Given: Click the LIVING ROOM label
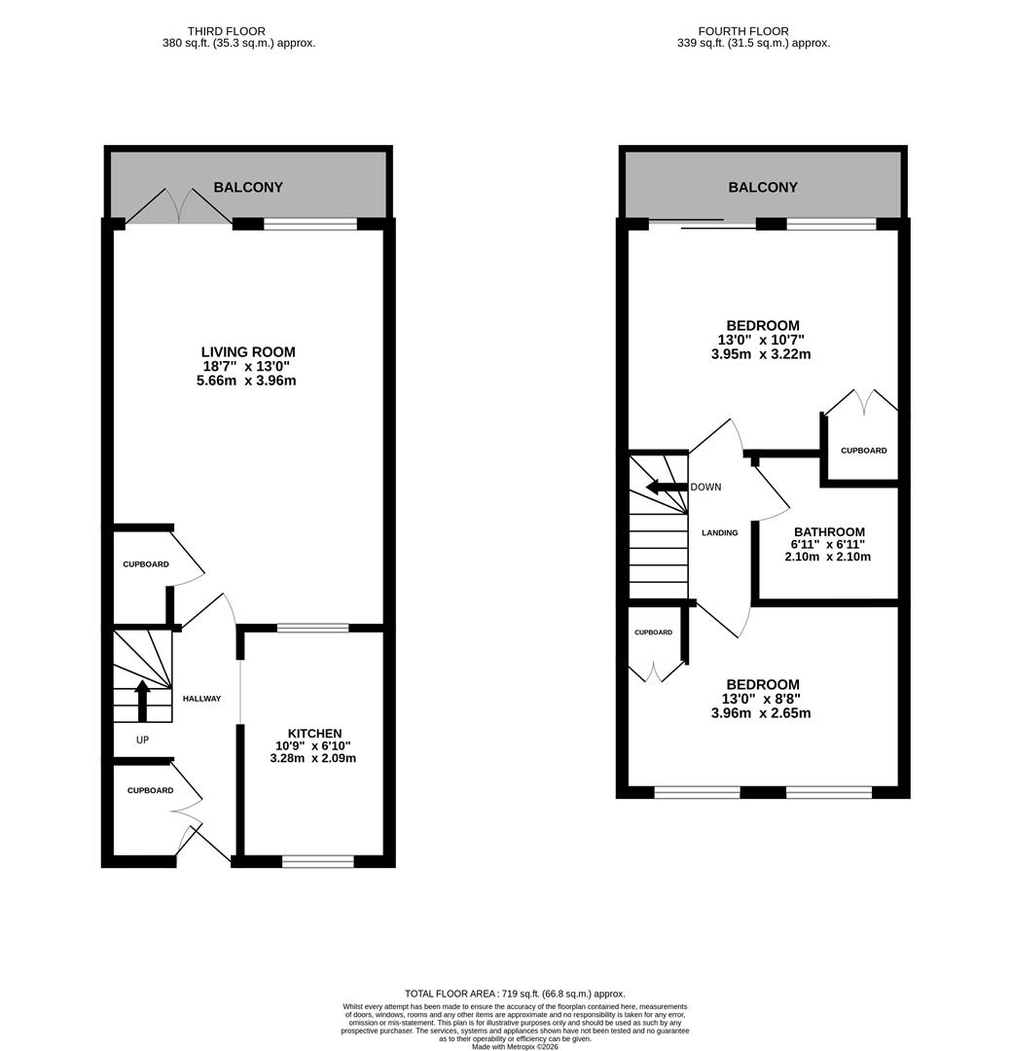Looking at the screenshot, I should click(x=247, y=352).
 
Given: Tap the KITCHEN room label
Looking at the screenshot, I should click(x=314, y=733).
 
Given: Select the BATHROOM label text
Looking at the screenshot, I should click(x=828, y=532).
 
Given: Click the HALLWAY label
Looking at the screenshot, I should click(x=201, y=699).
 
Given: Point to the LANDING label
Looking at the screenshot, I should click(x=720, y=532).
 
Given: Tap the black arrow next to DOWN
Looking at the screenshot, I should click(x=667, y=487).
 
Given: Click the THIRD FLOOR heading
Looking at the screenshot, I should click(x=226, y=31).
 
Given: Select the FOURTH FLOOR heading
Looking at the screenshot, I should click(x=743, y=31).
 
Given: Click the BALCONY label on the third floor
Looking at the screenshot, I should click(x=248, y=187).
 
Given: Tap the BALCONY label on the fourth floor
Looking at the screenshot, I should click(x=763, y=187).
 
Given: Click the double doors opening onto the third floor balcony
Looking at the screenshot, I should click(x=179, y=207).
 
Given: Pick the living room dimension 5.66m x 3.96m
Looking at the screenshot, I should click(x=246, y=381).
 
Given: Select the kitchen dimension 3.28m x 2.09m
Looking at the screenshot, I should click(x=314, y=758).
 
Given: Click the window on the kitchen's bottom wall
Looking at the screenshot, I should click(x=318, y=860).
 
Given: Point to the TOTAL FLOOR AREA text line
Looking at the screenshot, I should click(x=515, y=993).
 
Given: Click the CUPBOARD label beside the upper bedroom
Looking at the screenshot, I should click(x=863, y=451).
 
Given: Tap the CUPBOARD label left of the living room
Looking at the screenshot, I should click(x=145, y=564).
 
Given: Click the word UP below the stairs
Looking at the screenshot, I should click(x=142, y=740).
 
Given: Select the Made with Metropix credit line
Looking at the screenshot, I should click(x=515, y=1046).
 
